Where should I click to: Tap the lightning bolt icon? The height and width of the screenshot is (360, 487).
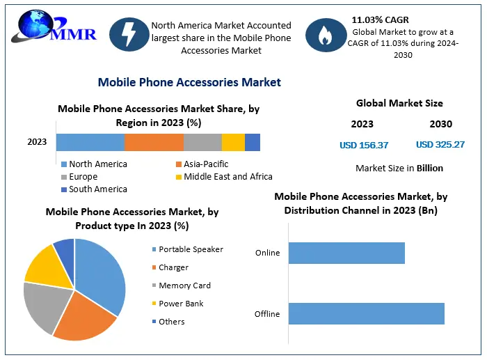tap(128, 36)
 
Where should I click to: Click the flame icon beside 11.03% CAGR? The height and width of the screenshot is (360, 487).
tap(325, 36)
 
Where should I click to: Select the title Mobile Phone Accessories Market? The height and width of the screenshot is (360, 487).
tap(189, 82)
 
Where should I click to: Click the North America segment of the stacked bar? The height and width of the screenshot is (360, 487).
tap(90, 142)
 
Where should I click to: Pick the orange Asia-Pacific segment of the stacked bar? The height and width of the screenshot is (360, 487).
tap(154, 142)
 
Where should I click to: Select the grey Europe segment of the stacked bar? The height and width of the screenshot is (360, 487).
tap(202, 142)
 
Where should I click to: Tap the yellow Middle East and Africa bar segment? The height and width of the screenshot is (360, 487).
tap(233, 142)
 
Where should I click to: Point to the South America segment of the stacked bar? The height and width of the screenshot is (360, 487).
tap(253, 142)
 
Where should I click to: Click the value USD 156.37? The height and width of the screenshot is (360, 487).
tap(364, 145)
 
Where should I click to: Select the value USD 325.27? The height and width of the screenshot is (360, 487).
tap(440, 145)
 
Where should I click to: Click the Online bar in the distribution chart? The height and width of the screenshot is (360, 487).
tap(346, 253)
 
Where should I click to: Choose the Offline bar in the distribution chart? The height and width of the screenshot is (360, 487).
tap(366, 313)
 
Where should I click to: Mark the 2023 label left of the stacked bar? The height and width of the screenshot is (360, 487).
tap(37, 142)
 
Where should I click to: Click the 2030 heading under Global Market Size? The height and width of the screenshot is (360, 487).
tap(440, 124)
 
